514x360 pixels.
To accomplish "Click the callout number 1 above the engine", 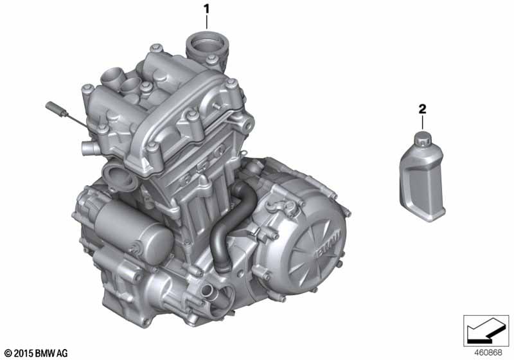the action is click(x=206, y=9).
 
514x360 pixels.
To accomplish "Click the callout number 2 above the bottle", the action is click(x=422, y=109).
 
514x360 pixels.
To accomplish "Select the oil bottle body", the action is click(x=422, y=184).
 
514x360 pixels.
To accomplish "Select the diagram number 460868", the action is click(x=488, y=353).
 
